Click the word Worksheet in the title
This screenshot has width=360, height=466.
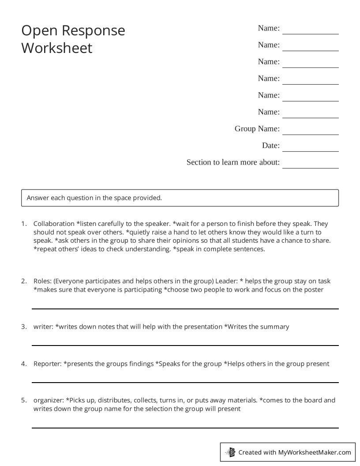[x=57, y=48]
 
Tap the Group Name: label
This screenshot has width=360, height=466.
[x=257, y=129]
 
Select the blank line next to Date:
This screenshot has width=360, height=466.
[x=310, y=151]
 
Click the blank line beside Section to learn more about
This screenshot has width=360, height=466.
[x=310, y=168]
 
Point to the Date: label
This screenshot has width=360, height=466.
[x=270, y=146]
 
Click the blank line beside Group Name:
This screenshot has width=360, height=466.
[x=310, y=134]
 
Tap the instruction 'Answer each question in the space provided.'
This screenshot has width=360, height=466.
[x=94, y=198]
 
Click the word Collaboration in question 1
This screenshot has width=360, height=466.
[x=54, y=224]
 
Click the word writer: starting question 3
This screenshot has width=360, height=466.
[x=43, y=327]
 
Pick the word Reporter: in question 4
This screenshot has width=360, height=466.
[x=47, y=364]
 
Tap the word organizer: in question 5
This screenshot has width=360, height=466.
[x=49, y=400]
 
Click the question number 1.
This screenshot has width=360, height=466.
[x=24, y=224]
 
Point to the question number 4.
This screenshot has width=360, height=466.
[x=24, y=364]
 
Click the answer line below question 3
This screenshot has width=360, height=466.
[x=185, y=345]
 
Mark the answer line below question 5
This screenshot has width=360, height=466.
[x=185, y=428]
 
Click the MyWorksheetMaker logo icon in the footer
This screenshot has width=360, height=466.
[x=230, y=452]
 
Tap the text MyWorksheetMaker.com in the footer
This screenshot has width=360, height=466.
[x=314, y=452]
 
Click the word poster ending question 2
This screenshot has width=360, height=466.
[x=314, y=289]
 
